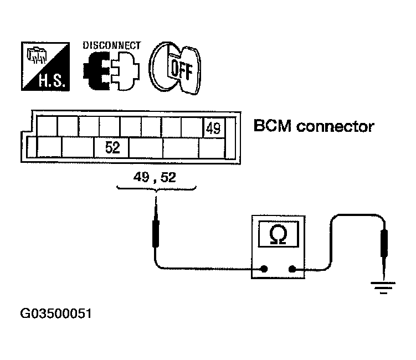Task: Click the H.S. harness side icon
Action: click(x=45, y=66)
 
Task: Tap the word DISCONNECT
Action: click(x=112, y=45)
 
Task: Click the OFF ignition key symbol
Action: click(x=175, y=68)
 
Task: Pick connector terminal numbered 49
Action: click(x=214, y=128)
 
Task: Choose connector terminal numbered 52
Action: click(x=112, y=147)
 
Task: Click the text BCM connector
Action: click(x=314, y=126)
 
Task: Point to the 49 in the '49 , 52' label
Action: click(x=141, y=177)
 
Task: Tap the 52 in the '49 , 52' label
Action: click(x=168, y=177)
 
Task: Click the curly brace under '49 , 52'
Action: click(x=157, y=189)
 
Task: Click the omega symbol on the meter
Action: click(x=278, y=234)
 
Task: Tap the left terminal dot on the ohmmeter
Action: click(x=264, y=269)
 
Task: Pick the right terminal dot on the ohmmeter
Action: click(x=292, y=269)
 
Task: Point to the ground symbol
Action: click(x=383, y=288)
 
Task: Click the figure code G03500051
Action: click(x=56, y=313)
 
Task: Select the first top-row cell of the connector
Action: click(x=47, y=126)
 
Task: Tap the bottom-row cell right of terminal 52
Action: click(x=146, y=148)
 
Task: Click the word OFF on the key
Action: click(x=182, y=70)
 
